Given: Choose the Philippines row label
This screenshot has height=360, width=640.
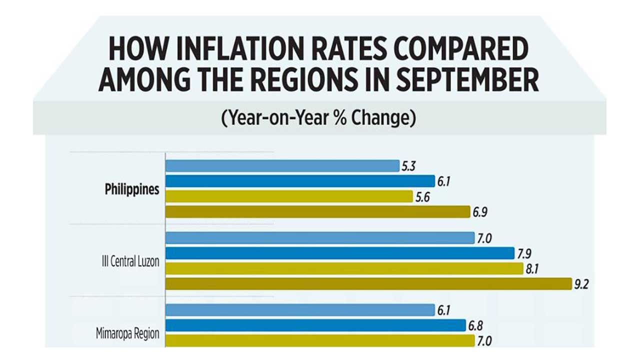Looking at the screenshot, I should pos(132,190).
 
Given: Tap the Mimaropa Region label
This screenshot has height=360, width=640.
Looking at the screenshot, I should pos(127,333).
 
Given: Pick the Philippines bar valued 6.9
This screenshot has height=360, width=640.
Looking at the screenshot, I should pos(317,212).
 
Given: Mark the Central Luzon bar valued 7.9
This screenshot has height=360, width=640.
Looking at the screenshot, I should pos(339,253).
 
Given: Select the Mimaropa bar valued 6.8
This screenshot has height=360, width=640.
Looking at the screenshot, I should pos(315,325).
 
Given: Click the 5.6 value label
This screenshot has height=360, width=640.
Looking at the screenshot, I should pos(422,197).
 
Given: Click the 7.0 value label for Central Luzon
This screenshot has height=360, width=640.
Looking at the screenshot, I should pos(484,238).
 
